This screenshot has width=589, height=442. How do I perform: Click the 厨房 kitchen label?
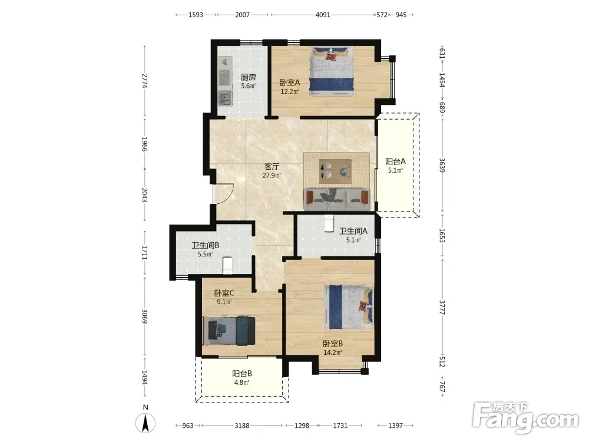[248, 77]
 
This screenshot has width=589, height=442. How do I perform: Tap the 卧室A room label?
[290, 83]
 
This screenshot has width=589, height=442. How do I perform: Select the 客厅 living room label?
[272, 167]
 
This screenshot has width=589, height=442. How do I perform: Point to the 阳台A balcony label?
[396, 161]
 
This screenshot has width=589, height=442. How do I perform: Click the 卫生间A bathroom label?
[353, 231]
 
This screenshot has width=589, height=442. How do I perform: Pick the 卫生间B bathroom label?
[206, 245]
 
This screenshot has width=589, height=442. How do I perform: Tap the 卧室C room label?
[224, 293]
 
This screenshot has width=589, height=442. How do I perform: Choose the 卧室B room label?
[333, 344]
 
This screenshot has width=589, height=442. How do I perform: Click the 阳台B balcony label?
[242, 374]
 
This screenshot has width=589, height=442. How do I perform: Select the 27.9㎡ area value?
[272, 176]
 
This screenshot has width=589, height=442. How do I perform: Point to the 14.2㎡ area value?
[333, 352]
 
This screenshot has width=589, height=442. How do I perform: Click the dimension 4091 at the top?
[323, 15]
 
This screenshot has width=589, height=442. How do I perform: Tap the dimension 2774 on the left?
[145, 80]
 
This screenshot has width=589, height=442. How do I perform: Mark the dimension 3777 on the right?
[442, 308]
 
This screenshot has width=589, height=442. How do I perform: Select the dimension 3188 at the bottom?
[242, 425]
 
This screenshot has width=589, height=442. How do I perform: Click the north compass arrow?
[145, 423]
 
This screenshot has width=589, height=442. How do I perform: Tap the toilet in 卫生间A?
[329, 223]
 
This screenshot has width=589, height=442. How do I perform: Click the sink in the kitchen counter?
[225, 98]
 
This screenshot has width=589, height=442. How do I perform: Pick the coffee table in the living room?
[336, 171]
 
